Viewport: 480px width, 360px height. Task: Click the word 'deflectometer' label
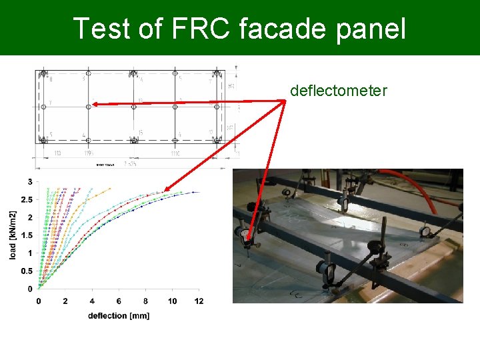click(338, 91)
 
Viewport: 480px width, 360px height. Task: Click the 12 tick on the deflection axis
click(199, 301)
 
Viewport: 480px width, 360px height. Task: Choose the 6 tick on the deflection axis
click(119, 301)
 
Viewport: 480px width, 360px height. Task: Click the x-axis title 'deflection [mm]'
click(119, 315)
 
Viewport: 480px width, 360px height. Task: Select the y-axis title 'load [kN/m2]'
click(13, 235)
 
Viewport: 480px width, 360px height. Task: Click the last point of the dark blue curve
click(193, 192)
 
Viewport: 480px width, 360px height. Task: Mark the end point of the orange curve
click(110, 188)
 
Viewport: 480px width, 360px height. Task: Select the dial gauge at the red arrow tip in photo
click(243, 234)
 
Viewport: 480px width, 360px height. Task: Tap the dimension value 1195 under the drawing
click(88, 153)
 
